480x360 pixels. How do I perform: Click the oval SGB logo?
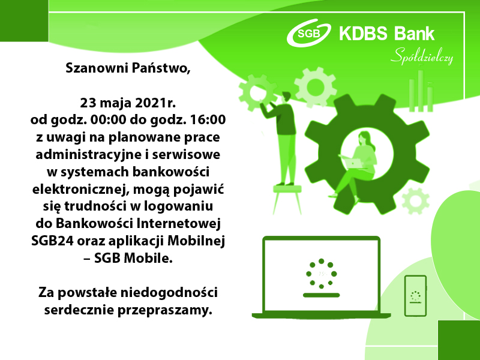tap(308, 32)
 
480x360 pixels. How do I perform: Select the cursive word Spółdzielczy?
tap(422, 56)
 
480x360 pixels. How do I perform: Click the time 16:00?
tap(208, 119)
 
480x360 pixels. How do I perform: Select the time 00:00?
tap(108, 119)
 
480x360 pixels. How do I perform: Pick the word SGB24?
tap(52, 241)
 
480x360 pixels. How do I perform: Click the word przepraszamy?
tap(165, 311)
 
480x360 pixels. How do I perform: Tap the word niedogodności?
tap(169, 293)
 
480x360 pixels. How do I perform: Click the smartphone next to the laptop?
tap(415, 296)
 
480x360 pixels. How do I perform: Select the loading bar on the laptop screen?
tap(321, 295)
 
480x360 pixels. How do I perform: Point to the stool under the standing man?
tap(287, 199)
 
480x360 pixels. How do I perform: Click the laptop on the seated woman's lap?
tap(352, 161)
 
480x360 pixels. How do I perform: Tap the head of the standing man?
tap(287, 96)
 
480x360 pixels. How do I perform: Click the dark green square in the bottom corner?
tap(459, 340)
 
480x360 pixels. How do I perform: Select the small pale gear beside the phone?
tap(416, 201)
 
